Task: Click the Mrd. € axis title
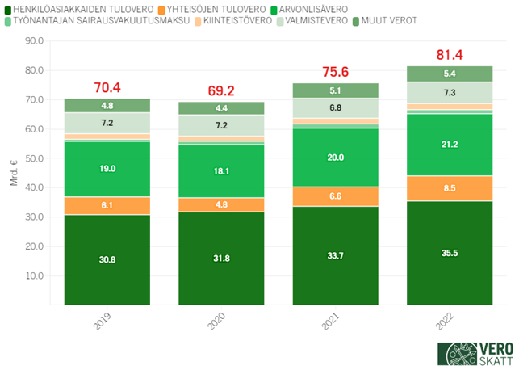coord(14,174)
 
